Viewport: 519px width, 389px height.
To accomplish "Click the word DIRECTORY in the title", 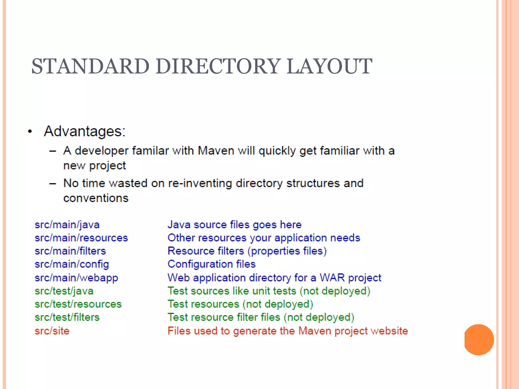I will pos(218,66).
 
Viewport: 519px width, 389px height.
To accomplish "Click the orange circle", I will pos(479,340).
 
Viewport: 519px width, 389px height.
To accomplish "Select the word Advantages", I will pos(84,131).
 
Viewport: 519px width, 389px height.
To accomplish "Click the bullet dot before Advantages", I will pos(30,131).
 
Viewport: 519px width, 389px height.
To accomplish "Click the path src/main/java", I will pos(67,225).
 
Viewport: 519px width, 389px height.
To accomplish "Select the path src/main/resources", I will pos(81,238).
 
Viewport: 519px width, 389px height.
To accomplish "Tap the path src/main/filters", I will pos(70,251).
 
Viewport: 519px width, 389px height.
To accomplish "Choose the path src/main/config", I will pos(72,264).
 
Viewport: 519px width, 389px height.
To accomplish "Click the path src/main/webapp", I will pos(76,278).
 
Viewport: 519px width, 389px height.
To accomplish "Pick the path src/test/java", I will pos(64,291).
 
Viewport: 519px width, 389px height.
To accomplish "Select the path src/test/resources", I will pos(78,304).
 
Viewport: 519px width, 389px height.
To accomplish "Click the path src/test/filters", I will pos(67,317).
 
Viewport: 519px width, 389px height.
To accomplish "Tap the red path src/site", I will pos(52,331).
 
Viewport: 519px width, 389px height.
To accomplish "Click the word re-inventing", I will pos(200,183).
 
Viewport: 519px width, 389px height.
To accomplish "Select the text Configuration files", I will pos(212,264).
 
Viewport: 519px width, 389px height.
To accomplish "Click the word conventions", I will pos(96,198).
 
